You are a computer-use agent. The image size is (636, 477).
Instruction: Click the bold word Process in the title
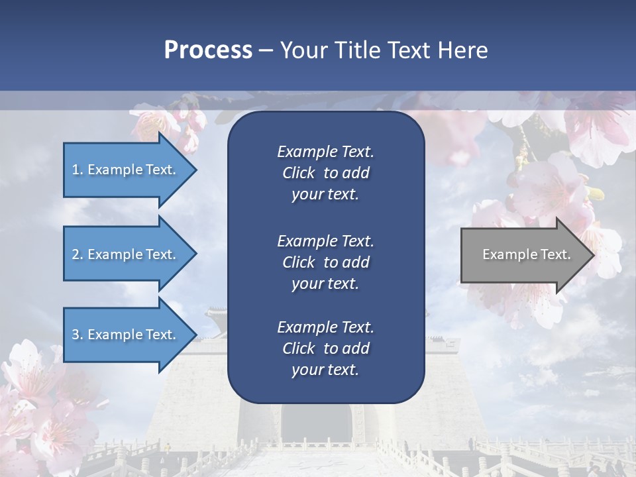click(208, 50)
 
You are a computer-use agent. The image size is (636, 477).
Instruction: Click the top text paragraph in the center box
click(325, 173)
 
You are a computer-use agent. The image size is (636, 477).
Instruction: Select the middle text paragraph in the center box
click(325, 262)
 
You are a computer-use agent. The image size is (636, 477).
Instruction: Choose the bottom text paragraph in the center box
click(325, 348)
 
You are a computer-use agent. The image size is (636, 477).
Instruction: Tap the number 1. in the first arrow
click(78, 170)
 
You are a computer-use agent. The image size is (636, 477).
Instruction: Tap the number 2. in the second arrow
click(78, 254)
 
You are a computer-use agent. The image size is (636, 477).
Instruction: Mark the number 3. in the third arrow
click(78, 335)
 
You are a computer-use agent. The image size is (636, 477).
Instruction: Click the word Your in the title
click(303, 50)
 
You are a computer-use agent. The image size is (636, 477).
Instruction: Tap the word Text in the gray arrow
click(556, 254)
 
